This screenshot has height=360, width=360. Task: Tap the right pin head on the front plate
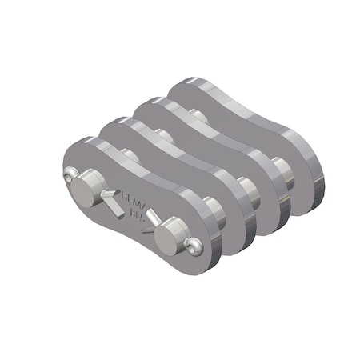coord(169,235)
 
